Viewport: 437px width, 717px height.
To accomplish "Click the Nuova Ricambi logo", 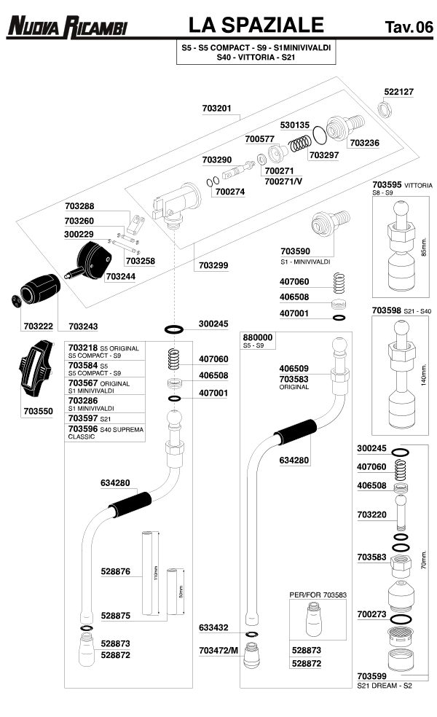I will point(66,28).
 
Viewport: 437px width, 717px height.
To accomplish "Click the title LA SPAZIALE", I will point(255,26).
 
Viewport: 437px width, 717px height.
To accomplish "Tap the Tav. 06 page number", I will point(408,28).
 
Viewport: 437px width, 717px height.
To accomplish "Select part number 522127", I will point(398,92).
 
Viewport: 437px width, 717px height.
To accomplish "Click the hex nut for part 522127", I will point(386,109).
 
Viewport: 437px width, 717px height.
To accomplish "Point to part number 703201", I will point(216,108).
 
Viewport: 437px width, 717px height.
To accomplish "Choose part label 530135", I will point(295,125).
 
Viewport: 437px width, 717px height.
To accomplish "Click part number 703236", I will point(364,143).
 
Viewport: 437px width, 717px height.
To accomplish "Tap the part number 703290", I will point(216,160).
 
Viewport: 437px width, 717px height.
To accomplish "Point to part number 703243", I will point(84,326).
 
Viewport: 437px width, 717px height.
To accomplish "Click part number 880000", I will point(257,337).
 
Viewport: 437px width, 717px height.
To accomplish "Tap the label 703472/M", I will point(219,649).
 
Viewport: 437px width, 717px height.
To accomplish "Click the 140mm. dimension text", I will point(423,383).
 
